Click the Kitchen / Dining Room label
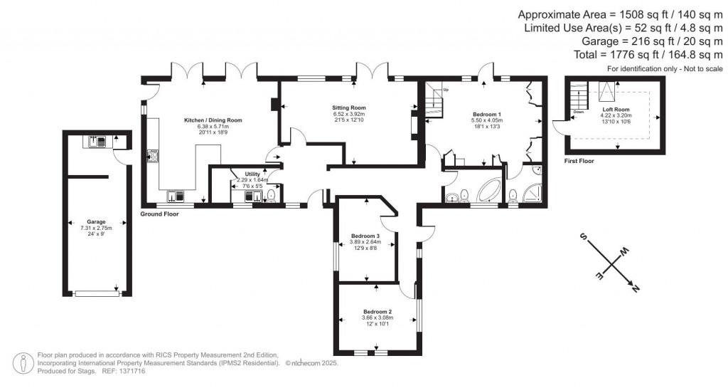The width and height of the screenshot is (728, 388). click(213, 121)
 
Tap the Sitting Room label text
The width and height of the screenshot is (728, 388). click(348, 108)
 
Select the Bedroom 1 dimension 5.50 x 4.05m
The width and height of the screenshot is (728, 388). click(486, 120)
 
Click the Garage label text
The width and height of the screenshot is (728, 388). click(96, 221)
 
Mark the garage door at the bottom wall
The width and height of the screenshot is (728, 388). click(97, 293)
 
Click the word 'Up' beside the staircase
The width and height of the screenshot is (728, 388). click(446, 90)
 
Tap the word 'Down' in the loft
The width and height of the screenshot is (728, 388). click(579, 112)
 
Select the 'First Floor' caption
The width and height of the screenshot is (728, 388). click(579, 162)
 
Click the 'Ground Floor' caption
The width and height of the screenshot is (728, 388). click(159, 214)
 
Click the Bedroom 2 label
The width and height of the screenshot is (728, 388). click(378, 312)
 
